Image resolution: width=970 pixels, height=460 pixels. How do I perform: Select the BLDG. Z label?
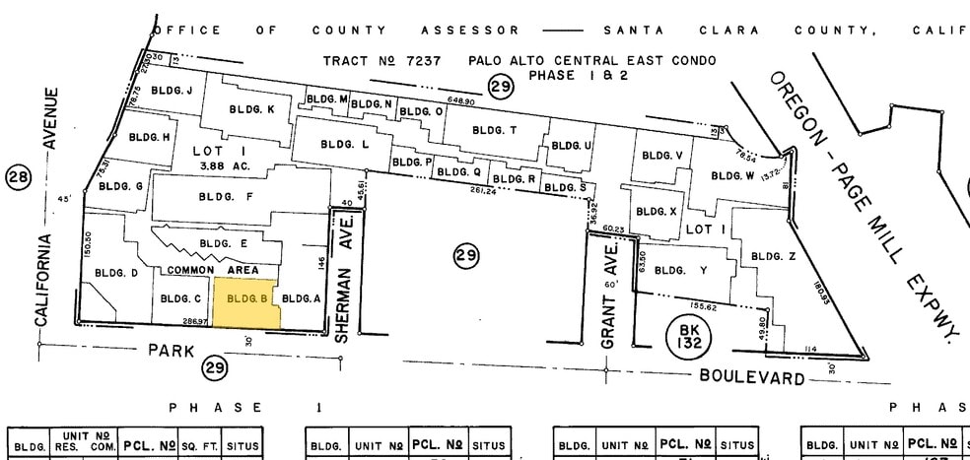773,256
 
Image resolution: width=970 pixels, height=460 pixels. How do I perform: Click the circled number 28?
19,177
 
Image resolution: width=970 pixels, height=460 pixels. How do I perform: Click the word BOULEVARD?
752,376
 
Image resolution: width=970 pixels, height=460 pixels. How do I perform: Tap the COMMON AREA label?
212,270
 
